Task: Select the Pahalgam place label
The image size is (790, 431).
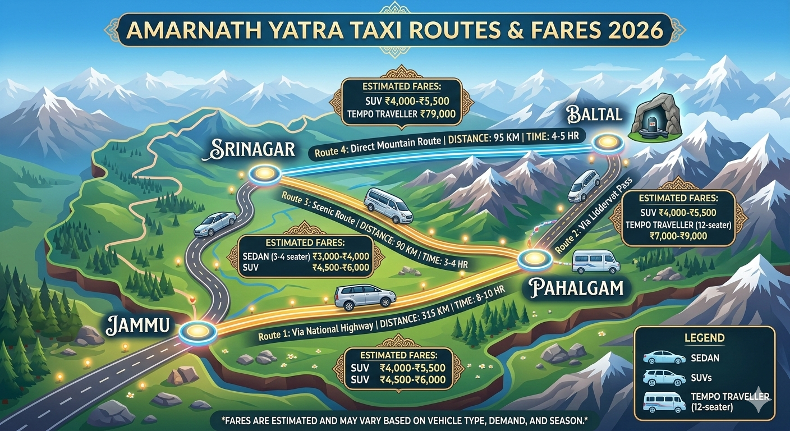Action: coord(576,288)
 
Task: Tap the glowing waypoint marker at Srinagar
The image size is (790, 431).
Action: coord(261,174)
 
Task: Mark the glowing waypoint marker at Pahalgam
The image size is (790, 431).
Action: coord(531,259)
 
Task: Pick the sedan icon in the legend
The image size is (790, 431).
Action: coord(664,357)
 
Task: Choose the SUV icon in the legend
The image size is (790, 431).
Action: coord(664,377)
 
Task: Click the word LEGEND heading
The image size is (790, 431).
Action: coord(704,338)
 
